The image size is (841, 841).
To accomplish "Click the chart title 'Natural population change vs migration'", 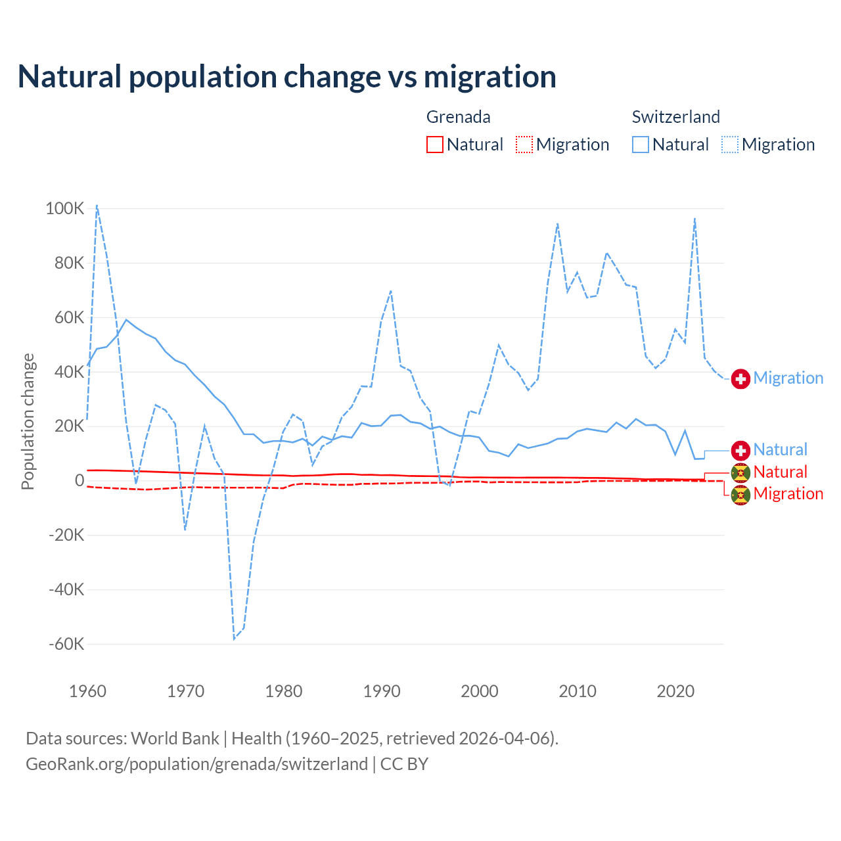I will click(287, 77).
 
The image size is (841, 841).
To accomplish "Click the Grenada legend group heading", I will click(458, 117).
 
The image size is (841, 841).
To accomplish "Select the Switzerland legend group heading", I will click(675, 117).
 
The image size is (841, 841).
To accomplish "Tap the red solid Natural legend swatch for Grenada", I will click(435, 145).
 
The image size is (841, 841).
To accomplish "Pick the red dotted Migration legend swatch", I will click(524, 145).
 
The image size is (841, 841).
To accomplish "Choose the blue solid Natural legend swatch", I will click(641, 145).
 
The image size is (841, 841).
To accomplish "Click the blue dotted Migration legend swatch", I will click(730, 145).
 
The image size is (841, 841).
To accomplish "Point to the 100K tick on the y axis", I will click(65, 209).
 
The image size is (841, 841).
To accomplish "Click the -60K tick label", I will click(66, 644).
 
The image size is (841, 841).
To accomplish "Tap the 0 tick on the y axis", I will click(80, 480).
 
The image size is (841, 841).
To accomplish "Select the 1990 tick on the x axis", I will click(382, 691).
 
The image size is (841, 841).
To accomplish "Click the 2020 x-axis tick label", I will click(675, 691).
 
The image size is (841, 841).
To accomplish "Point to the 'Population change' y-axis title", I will click(28, 421).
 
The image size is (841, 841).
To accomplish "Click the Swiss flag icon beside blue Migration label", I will click(740, 378).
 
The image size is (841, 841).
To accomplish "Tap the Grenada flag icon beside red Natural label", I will click(740, 472).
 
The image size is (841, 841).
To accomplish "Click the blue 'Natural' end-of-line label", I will click(780, 450).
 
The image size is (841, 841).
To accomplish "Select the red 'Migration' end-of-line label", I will click(788, 494).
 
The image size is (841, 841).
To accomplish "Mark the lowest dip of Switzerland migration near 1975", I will click(234, 639).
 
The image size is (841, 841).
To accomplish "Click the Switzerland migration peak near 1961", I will click(97, 205).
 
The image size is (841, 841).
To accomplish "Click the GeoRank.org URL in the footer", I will click(196, 764).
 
